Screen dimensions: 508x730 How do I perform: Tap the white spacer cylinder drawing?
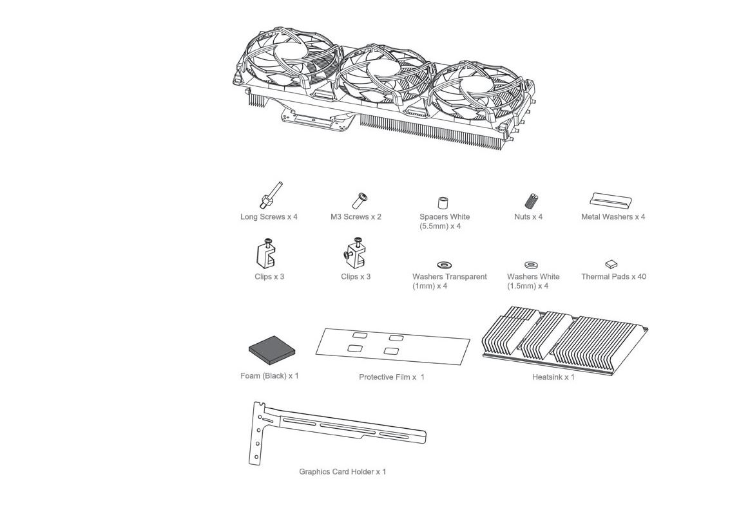[443, 203]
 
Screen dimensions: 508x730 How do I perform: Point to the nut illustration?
[531, 201]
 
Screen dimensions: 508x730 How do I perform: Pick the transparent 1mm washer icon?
[444, 265]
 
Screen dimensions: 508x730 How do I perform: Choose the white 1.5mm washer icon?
[532, 265]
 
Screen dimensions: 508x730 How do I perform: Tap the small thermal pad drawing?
[611, 264]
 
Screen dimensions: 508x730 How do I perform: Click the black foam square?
[272, 350]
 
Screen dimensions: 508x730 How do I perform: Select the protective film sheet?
[393, 346]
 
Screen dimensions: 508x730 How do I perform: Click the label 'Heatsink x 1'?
[553, 377]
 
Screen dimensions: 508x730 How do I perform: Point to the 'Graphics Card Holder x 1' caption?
[343, 472]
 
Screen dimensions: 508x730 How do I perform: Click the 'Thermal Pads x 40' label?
[613, 277]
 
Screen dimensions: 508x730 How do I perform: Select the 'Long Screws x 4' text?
[269, 217]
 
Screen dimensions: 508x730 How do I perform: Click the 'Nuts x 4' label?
[528, 217]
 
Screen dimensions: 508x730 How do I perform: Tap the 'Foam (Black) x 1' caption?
[269, 376]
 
